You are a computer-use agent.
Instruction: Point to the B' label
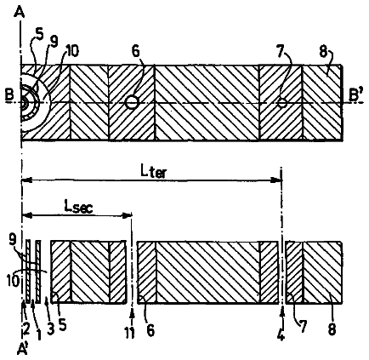click(355, 95)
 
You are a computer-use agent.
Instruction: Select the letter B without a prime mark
click(9, 95)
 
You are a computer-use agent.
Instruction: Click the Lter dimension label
click(153, 172)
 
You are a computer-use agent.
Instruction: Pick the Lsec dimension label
click(78, 208)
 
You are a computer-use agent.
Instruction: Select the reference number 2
click(26, 329)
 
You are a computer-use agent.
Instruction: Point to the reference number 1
click(38, 334)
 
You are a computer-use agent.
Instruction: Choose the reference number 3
click(51, 329)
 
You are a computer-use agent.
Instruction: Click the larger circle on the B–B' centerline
click(132, 102)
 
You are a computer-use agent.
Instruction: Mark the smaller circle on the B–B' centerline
click(282, 103)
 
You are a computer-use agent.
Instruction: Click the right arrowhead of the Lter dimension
click(275, 180)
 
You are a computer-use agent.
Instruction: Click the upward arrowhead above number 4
click(282, 313)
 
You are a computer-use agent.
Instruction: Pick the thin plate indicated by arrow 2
click(28, 271)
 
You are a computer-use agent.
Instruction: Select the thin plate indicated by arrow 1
click(38, 271)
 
